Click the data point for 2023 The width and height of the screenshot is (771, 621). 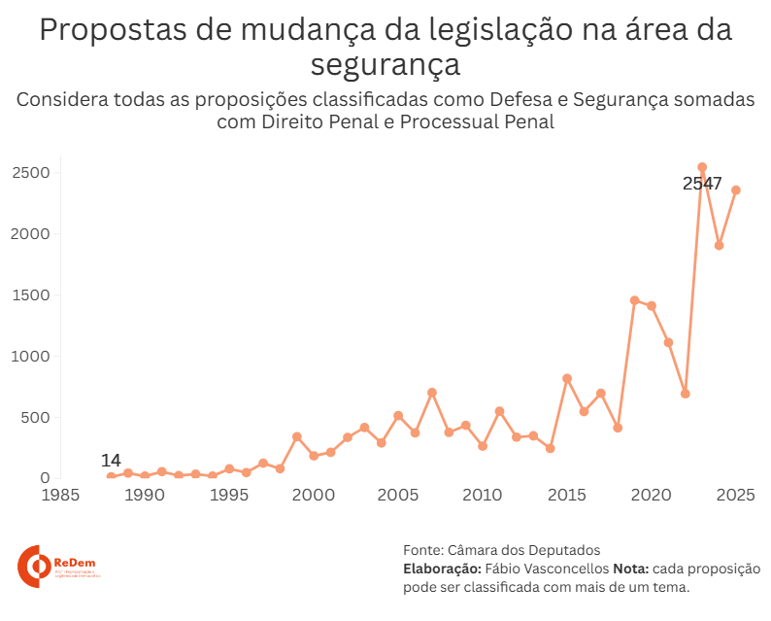point(702,167)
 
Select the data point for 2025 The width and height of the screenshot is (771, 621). point(736,190)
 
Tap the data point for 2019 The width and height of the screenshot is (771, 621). point(634,300)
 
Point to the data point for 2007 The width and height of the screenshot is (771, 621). point(432,393)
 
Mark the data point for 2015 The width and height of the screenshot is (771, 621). point(567,378)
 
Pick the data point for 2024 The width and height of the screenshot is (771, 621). point(719,245)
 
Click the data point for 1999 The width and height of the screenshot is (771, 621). point(297,436)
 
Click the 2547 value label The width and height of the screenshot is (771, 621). point(702,184)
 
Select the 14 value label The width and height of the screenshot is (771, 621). point(111,460)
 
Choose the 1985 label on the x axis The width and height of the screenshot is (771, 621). point(60,496)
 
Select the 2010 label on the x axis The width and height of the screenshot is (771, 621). point(483,496)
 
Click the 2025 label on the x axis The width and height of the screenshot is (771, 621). point(736,496)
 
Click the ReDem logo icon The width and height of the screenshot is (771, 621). point(35,566)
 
